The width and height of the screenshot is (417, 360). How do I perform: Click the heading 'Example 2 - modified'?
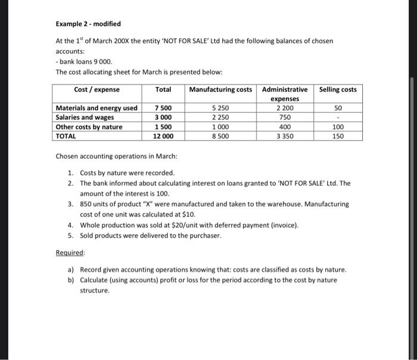pyautogui.click(x=88, y=24)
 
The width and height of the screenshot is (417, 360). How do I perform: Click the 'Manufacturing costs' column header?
pyautogui.click(x=220, y=89)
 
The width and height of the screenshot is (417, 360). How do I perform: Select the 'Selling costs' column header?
pyautogui.click(x=338, y=89)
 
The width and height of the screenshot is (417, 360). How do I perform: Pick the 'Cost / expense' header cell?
pyautogui.click(x=97, y=89)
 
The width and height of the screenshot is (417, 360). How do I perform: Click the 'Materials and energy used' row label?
pyautogui.click(x=96, y=108)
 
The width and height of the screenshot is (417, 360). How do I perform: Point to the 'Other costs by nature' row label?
pyautogui.click(x=89, y=127)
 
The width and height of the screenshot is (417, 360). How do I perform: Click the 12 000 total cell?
pyautogui.click(x=163, y=136)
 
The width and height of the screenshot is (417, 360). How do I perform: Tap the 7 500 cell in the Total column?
pyautogui.click(x=164, y=108)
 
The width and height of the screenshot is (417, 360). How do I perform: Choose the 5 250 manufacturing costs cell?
pyautogui.click(x=220, y=108)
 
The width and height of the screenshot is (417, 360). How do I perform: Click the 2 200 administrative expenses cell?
pyautogui.click(x=285, y=108)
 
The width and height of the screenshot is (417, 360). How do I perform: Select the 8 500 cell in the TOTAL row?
pyautogui.click(x=220, y=136)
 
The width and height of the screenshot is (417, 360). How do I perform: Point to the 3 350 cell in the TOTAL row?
pyautogui.click(x=285, y=136)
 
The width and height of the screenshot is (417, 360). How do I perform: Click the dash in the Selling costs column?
pyautogui.click(x=338, y=117)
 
